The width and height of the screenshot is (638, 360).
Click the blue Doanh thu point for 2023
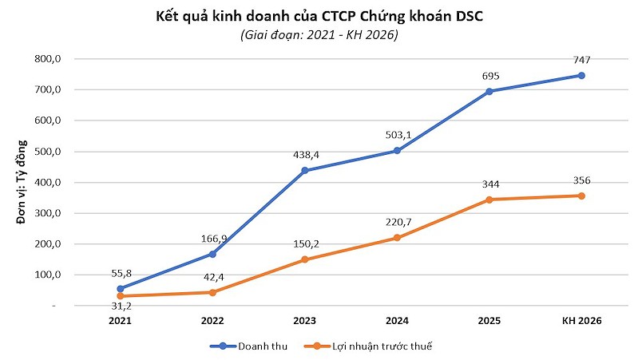304,171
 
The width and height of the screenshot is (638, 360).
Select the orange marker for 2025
489,200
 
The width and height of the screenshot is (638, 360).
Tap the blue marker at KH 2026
581,76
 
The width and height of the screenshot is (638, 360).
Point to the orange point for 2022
212,292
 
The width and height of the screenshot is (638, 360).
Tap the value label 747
581,60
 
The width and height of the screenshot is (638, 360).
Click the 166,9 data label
212,239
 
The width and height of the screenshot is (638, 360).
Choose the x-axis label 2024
397,321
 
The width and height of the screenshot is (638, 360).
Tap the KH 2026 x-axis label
581,321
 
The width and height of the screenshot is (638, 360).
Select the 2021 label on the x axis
120,321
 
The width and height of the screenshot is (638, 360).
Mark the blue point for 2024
397,151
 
